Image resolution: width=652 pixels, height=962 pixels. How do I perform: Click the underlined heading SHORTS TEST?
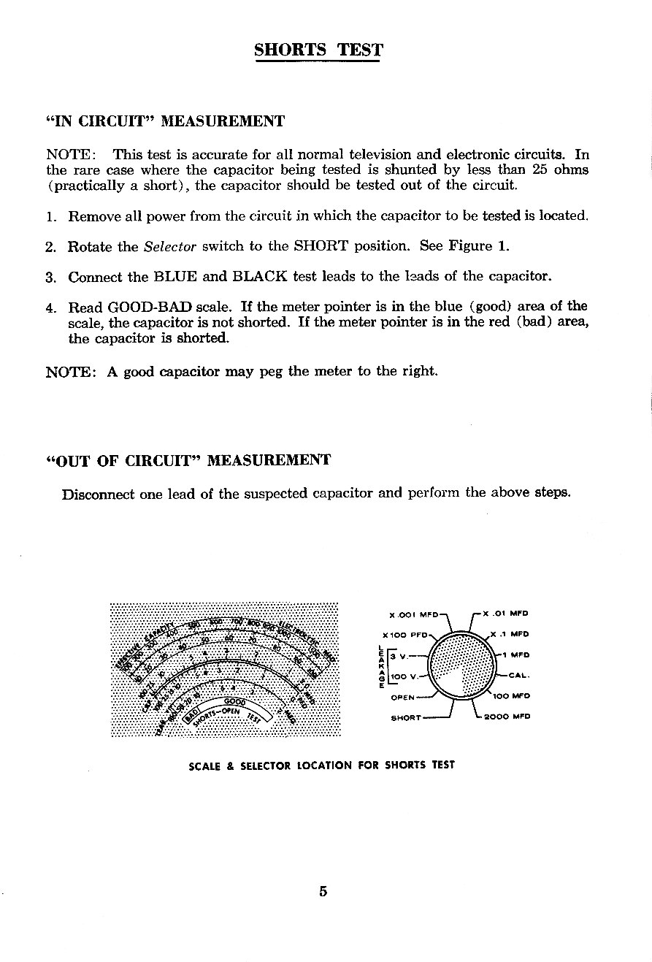(x=318, y=50)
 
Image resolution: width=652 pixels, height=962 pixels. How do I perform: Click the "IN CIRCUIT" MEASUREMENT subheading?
(x=164, y=121)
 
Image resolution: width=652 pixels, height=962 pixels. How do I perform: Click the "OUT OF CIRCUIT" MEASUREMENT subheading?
(x=188, y=460)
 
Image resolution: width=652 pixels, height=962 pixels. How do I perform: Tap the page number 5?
(x=323, y=891)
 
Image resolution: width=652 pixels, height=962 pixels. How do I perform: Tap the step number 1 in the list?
(x=50, y=216)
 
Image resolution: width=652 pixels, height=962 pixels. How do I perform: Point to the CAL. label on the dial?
(x=518, y=675)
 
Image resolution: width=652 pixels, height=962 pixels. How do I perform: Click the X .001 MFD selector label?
(x=415, y=614)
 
